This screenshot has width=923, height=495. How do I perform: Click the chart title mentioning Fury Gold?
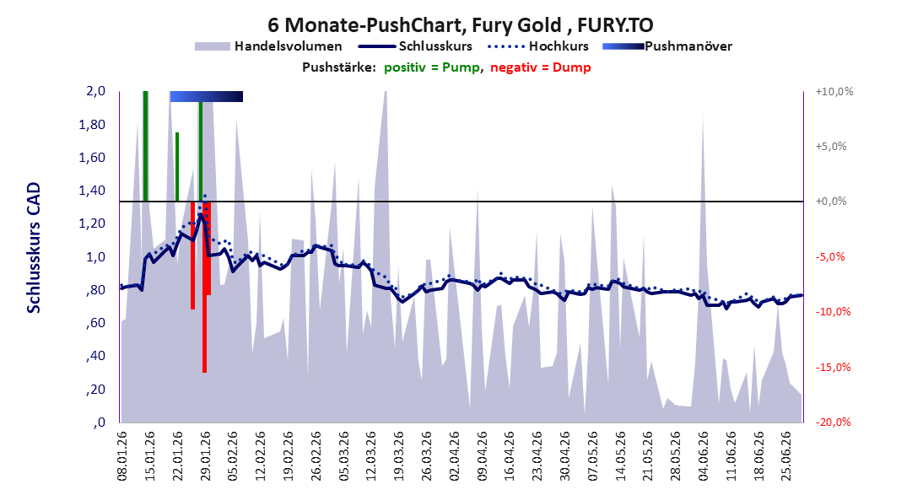pyautogui.click(x=461, y=25)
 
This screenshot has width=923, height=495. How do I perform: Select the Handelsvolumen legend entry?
pyautogui.click(x=268, y=46)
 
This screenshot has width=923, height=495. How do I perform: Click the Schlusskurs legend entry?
pyautogui.click(x=415, y=46)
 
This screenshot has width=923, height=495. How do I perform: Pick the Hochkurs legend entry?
pyautogui.click(x=538, y=46)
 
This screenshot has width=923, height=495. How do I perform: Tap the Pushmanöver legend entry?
pyautogui.click(x=667, y=46)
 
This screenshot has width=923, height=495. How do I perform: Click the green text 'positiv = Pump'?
pyautogui.click(x=432, y=67)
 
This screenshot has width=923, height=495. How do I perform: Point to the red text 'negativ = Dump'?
pyautogui.click(x=540, y=67)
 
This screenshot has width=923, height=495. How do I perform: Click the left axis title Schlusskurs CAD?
pyautogui.click(x=34, y=247)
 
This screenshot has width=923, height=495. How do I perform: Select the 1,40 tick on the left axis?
pyautogui.click(x=92, y=191)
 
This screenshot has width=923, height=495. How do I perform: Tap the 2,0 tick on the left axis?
pyautogui.click(x=95, y=91)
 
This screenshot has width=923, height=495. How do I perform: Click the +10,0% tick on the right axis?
pyautogui.click(x=834, y=92)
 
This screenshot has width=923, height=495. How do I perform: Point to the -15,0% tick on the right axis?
pyautogui.click(x=834, y=368)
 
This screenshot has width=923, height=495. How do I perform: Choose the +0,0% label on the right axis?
pyautogui.click(x=831, y=202)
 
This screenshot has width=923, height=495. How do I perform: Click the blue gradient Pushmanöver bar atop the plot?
pyautogui.click(x=207, y=96)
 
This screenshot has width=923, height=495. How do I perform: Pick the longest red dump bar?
pyautogui.click(x=204, y=288)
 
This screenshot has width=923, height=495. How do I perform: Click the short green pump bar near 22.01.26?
pyautogui.click(x=177, y=167)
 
